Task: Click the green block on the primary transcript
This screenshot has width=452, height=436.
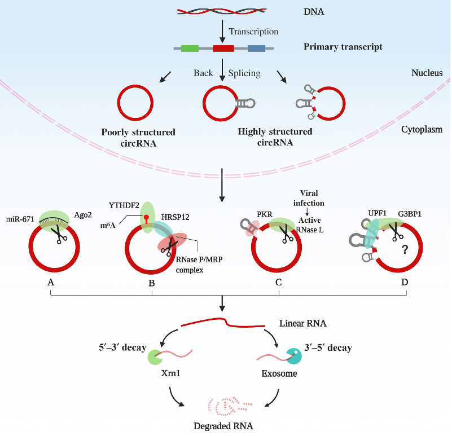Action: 190,49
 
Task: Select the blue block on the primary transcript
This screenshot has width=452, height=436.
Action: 256,49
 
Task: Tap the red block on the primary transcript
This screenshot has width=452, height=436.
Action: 223,49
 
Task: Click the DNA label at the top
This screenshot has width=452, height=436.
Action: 314,12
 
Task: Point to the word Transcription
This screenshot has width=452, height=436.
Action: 254,32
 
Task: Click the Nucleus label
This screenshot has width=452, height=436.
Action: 427,73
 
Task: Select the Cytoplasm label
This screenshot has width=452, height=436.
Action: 422,129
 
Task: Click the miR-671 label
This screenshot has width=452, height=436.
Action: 20,219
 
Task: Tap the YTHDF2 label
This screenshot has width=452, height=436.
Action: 124,205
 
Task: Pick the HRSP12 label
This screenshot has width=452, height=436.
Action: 175,217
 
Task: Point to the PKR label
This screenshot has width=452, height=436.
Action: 265,215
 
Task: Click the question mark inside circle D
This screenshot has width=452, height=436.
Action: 405,249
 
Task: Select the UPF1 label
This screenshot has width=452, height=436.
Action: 378,214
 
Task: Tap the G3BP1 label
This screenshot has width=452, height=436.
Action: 410,214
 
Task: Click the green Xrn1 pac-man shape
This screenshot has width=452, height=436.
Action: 154,358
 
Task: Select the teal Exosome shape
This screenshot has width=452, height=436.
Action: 295,356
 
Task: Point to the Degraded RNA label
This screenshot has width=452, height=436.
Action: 223,426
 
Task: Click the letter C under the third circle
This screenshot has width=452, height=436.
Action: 278,283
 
